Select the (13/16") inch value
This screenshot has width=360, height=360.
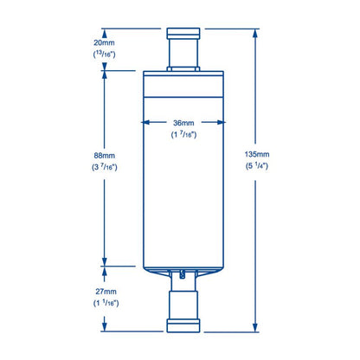point(105,54)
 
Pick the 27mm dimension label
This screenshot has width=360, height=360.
point(105,291)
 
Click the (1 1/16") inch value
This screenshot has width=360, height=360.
point(105,304)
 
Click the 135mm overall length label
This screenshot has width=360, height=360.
point(256,157)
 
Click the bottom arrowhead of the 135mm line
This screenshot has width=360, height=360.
point(256,328)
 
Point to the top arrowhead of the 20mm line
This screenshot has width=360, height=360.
point(105,31)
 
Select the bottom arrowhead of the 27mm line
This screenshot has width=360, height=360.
point(105,328)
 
